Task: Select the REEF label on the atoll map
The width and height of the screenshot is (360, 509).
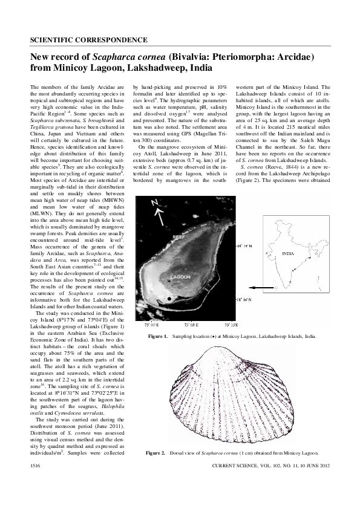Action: pyautogui.click(x=177, y=238)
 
